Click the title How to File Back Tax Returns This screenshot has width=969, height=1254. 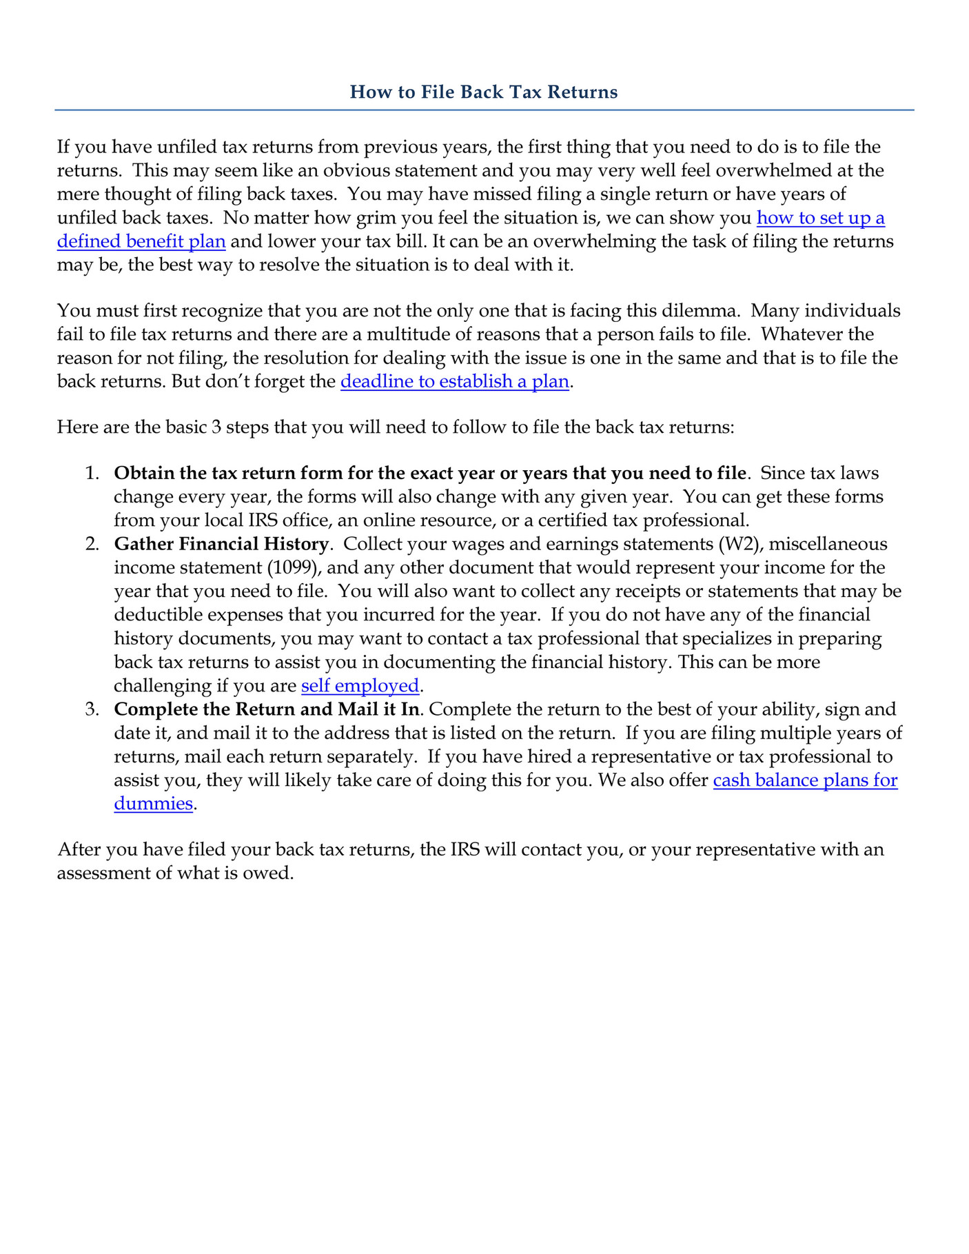pos(483,92)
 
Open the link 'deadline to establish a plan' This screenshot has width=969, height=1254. pos(455,381)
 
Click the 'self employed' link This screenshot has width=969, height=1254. pos(360,686)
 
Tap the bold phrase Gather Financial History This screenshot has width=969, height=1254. pos(221,544)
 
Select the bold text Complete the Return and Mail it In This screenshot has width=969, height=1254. pos(266,709)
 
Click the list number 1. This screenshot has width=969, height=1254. pos(91,474)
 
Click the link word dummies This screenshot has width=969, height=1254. pos(153,804)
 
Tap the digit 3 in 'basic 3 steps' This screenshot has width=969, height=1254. pos(216,427)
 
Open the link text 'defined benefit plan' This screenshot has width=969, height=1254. pos(141,242)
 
